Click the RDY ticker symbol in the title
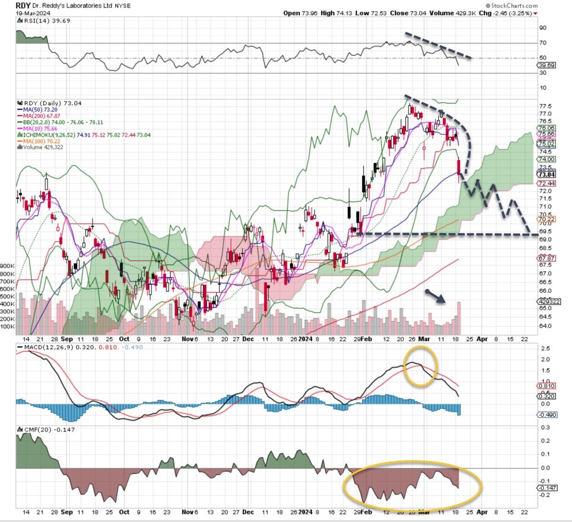[23, 5]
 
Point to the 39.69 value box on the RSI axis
[547, 65]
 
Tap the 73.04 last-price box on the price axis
[547, 175]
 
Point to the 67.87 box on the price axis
[547, 258]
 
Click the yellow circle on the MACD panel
[420, 367]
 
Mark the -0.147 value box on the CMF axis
[548, 488]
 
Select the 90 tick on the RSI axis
[543, 28]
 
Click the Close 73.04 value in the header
[406, 13]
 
